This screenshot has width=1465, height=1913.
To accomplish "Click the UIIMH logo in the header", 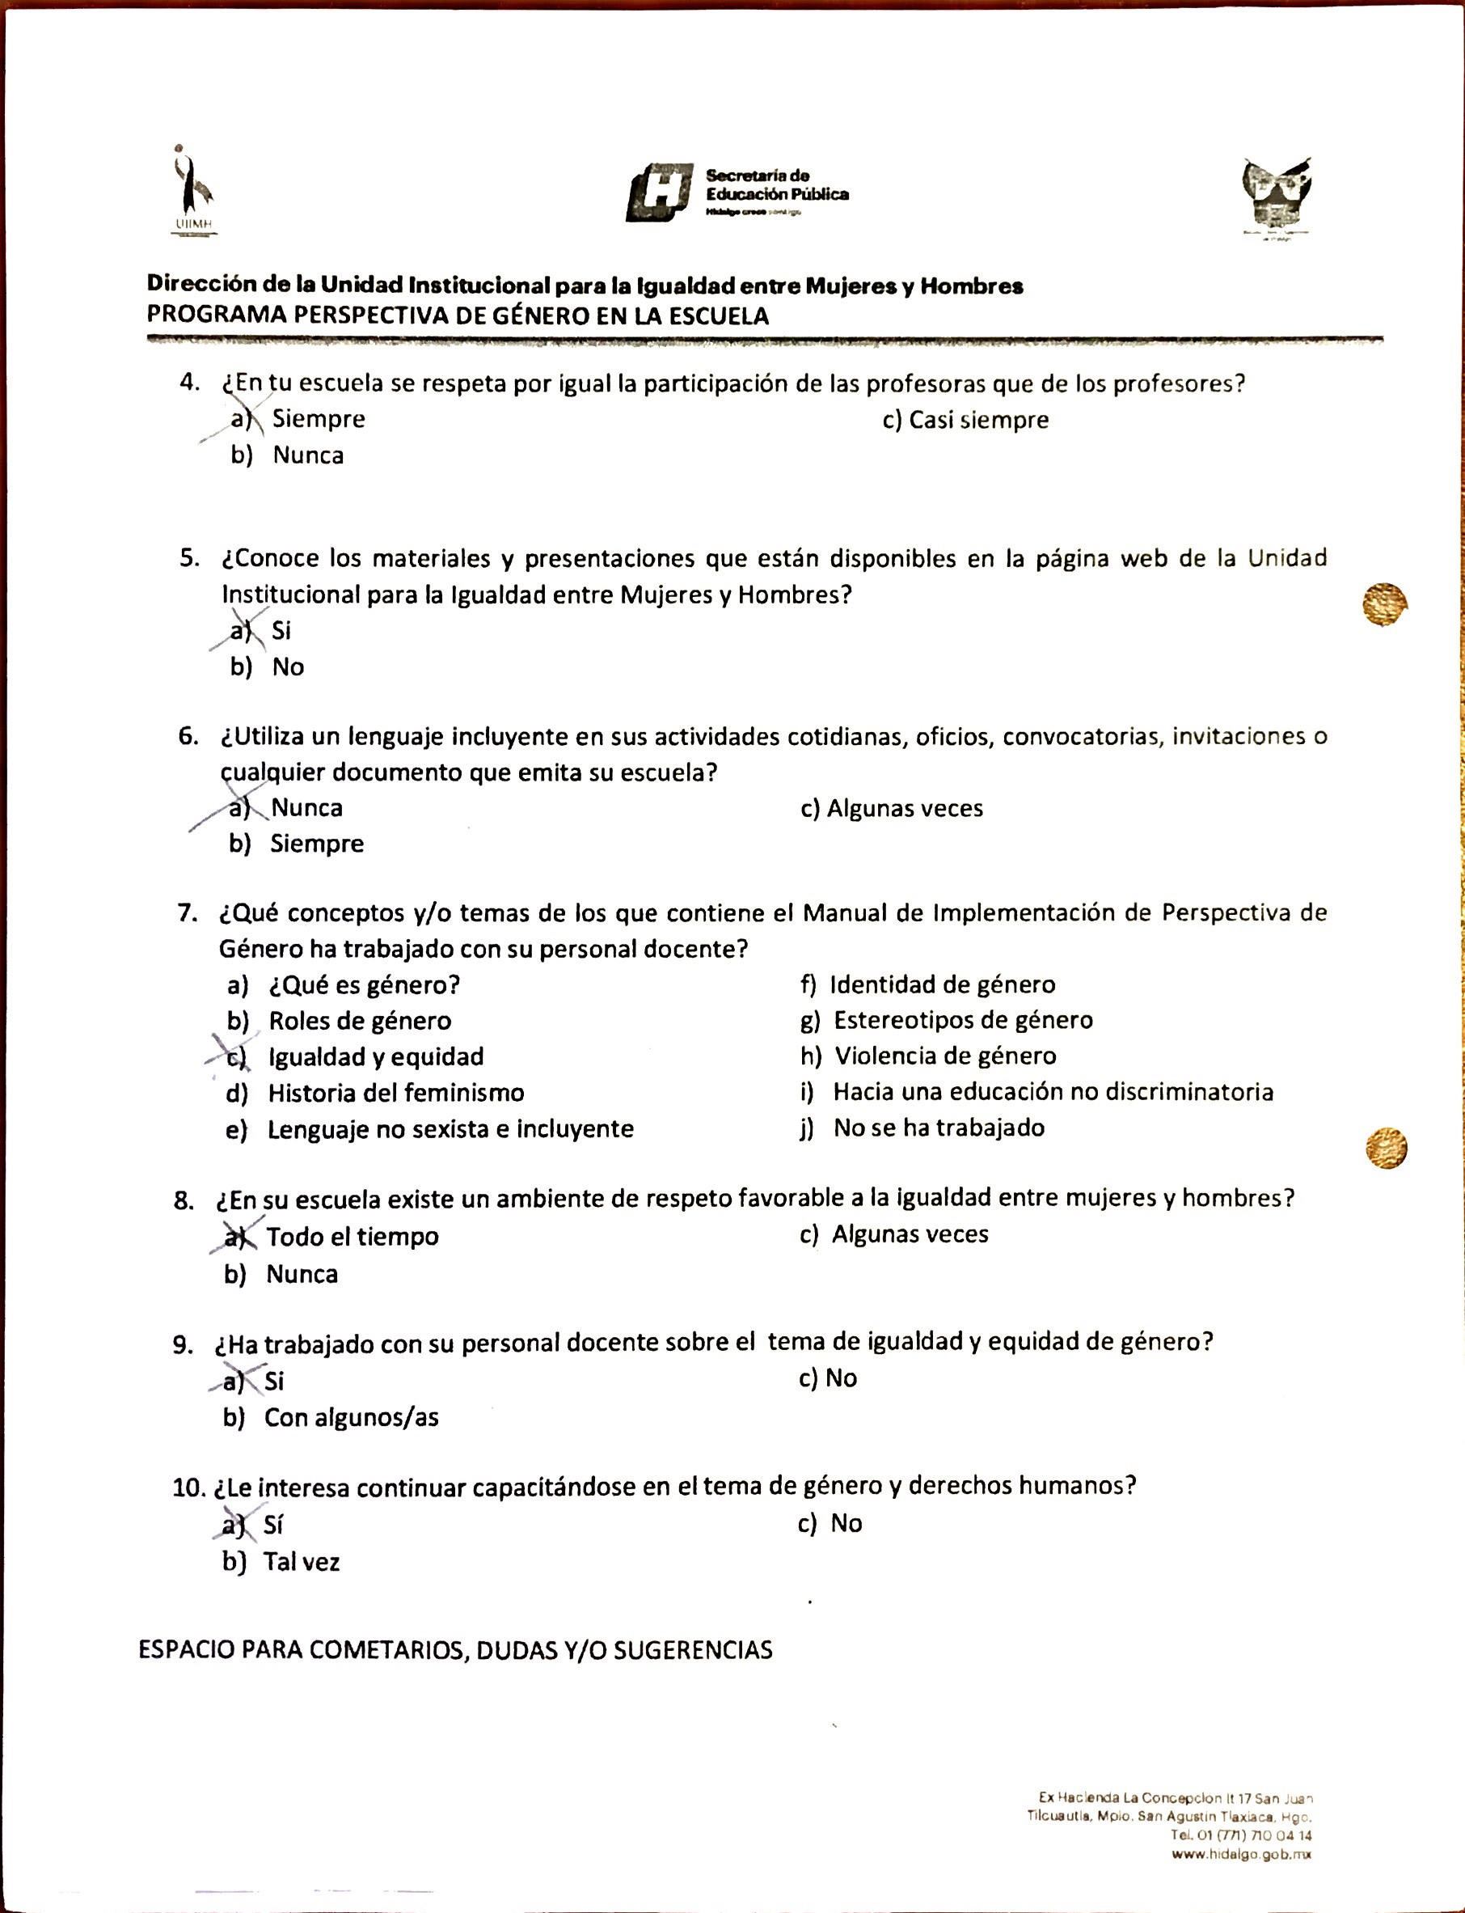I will [x=192, y=190].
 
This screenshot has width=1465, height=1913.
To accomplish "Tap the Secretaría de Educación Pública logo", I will [x=737, y=192].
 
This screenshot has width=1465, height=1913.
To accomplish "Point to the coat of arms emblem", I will [x=1277, y=197].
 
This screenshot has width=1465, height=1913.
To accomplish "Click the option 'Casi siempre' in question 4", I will [x=977, y=420].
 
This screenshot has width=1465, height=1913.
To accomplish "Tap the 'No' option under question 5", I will [x=288, y=667].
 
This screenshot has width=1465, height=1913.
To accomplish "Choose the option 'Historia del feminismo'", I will [x=396, y=1093].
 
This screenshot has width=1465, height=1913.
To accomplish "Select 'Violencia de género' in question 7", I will [x=945, y=1056].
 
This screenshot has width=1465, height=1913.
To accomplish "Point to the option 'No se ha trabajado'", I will [x=939, y=1128].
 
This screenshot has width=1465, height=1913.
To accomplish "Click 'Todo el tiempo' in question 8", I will [x=353, y=1236].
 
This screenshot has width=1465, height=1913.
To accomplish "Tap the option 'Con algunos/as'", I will [x=352, y=1417].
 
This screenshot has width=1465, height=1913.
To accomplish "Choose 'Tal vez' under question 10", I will [x=301, y=1561].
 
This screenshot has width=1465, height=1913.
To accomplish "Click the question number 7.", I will [x=188, y=913].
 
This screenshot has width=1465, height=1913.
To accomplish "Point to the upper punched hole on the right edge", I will [x=1384, y=604].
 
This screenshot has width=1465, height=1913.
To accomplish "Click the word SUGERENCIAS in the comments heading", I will [x=692, y=1649].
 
